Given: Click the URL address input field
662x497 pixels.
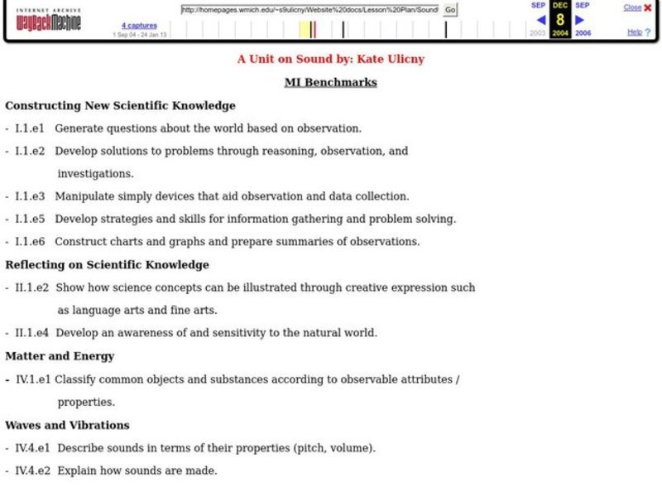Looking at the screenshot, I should coord(310,10).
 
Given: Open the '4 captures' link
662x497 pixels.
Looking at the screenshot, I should coord(139,26).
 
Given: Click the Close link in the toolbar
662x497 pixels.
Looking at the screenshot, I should coord(632,7).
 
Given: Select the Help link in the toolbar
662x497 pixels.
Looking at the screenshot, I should coord(635,32).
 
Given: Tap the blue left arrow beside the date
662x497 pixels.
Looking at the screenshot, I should coord(541,20).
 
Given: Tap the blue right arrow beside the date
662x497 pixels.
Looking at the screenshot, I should coord(580,20).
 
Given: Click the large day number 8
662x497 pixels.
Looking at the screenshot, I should coord(560,20).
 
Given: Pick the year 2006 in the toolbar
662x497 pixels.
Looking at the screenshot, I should coord(583,33).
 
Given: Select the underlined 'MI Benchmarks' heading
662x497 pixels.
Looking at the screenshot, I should coord(330,82).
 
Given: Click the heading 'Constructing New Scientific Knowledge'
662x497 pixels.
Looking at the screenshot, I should coord(121,105).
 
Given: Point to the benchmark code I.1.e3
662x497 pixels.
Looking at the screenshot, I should coord(30,196).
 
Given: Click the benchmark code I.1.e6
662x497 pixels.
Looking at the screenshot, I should coord(30,242).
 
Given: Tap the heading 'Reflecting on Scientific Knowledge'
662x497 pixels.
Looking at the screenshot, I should coord(108,265).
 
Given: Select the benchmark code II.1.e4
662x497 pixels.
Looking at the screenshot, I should coord(32,333).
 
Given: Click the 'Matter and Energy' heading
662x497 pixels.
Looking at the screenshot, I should coord(60,356).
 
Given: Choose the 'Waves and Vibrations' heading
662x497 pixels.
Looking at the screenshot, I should coord(67,425).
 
